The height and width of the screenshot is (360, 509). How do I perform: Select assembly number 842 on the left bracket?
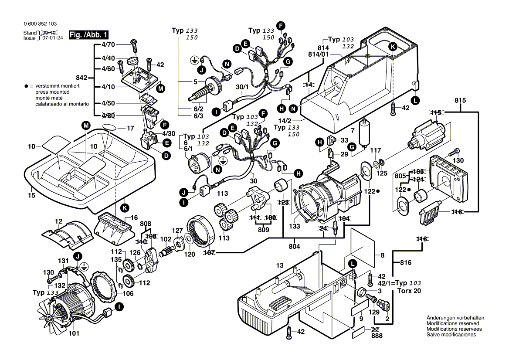point(81,78)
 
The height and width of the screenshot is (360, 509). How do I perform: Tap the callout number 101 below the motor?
point(74,334)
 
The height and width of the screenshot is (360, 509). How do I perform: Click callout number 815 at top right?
point(460,100)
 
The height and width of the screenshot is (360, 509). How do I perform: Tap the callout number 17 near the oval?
point(130,129)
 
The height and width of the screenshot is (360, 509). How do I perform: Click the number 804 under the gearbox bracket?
point(295,246)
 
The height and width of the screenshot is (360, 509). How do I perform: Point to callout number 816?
point(406,262)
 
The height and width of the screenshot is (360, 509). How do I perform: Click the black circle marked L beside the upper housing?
point(416,100)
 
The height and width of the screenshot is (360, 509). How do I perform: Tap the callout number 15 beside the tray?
point(31,196)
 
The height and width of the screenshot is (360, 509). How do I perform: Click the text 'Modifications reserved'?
point(453,323)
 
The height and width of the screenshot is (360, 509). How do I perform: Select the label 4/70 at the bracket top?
point(108,44)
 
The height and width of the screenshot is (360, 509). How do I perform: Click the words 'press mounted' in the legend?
point(44,93)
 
